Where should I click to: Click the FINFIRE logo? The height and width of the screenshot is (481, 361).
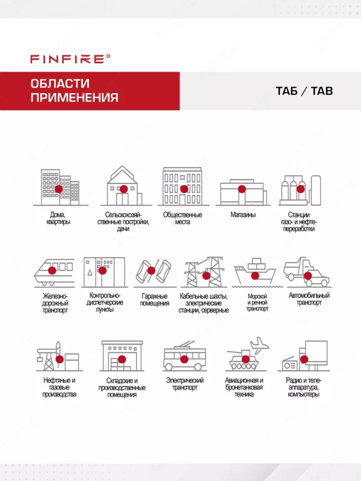70,59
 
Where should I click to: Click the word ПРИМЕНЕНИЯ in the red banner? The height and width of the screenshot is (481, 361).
74,97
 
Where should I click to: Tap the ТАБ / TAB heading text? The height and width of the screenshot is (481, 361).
304,91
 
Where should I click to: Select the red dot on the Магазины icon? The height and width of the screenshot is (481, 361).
242,189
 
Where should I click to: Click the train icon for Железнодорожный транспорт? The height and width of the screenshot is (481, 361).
54,272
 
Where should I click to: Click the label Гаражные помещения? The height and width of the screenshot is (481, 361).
155,299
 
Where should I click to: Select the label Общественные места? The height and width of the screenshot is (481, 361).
182,218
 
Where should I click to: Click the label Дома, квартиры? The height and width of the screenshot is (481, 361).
58,218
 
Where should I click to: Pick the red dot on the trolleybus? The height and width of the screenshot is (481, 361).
184,359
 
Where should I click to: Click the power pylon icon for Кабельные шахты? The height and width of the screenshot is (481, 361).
205,272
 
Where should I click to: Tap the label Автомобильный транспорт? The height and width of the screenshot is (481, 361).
309,299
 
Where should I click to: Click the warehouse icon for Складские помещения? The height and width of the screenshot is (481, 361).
122,355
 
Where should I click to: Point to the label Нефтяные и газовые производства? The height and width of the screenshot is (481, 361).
59,387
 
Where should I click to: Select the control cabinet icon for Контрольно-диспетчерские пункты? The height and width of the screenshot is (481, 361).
104,272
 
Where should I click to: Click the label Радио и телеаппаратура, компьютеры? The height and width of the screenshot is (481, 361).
304,387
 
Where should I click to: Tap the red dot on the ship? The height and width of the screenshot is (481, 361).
255,276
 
